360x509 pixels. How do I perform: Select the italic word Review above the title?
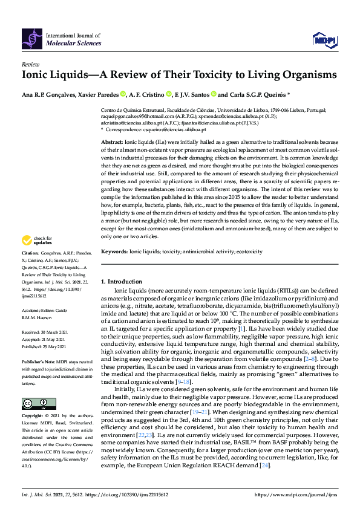coord(30,64)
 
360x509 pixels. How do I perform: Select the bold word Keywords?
coord(114,250)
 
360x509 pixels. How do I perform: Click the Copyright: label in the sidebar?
coord(33,417)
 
